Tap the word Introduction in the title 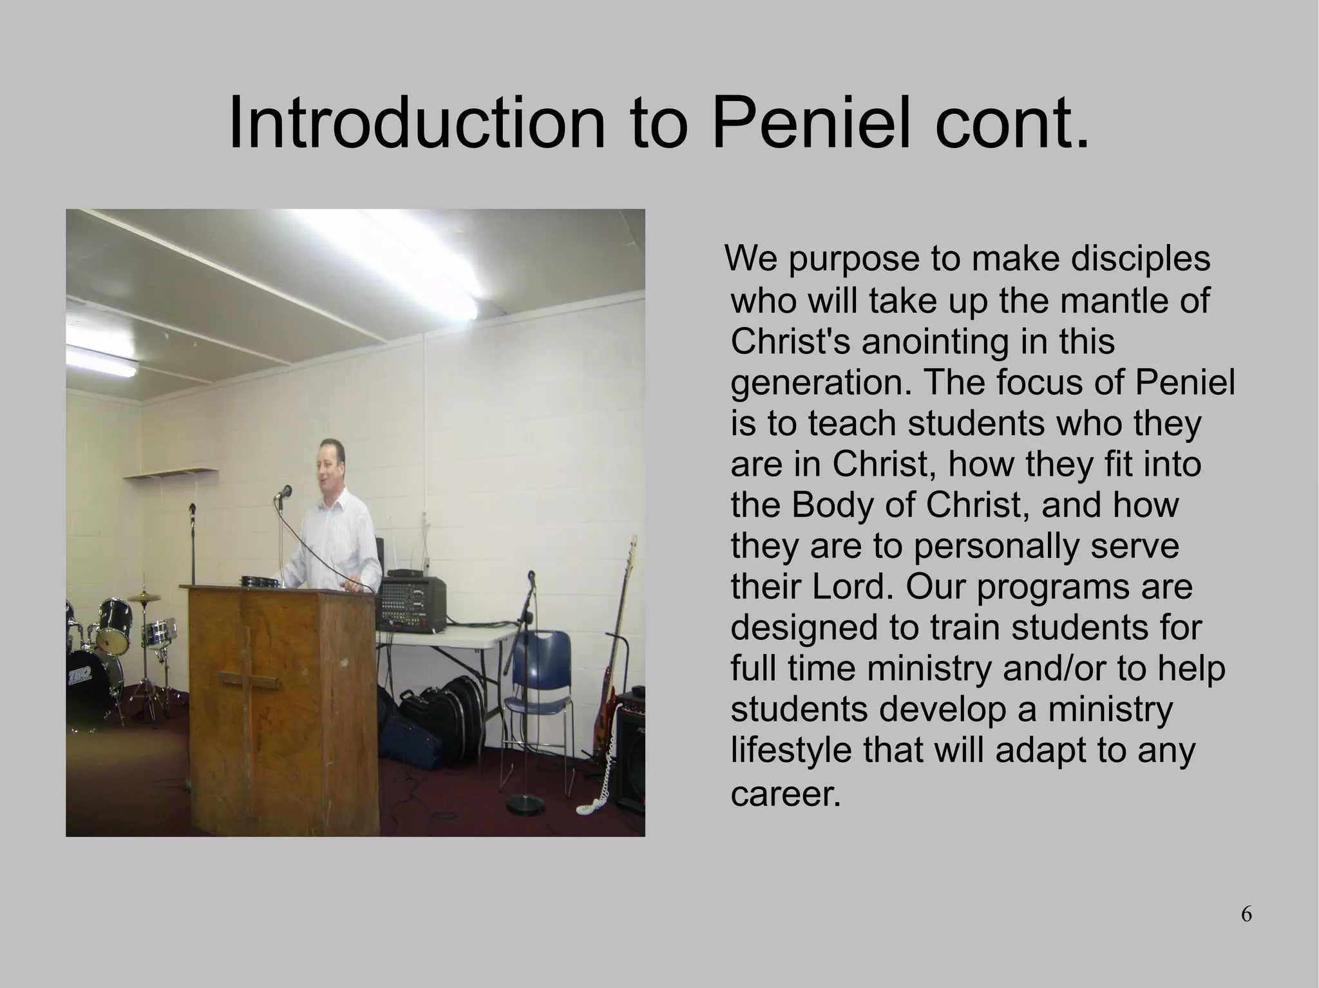[x=416, y=123]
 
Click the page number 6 [x=1246, y=914]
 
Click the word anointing [x=935, y=342]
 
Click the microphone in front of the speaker [x=283, y=492]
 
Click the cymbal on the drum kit [x=144, y=597]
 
